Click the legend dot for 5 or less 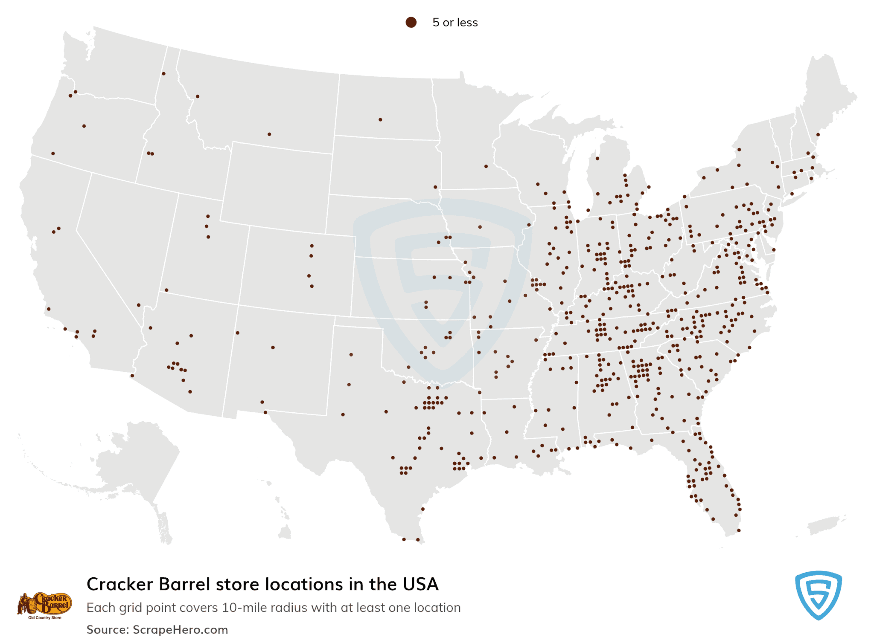411,23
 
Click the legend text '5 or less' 455,23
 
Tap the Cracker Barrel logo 44,605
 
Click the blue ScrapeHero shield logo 818,595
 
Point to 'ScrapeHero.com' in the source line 180,630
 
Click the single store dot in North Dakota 380,120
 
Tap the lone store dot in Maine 818,135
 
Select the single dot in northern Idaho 163,74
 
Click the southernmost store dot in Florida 738,530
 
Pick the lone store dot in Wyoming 269,134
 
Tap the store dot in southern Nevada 139,305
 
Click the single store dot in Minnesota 486,166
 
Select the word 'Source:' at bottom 108,630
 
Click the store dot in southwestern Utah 166,290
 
